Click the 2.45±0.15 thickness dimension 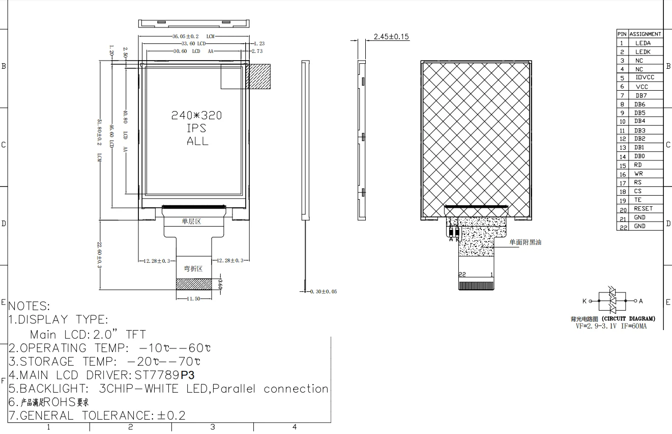[391, 37]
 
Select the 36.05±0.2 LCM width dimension [185, 37]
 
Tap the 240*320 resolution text [196, 116]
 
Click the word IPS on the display [196, 128]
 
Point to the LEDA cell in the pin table [642, 43]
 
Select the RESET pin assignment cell [643, 209]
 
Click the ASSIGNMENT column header [645, 34]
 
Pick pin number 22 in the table [623, 227]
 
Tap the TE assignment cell [638, 200]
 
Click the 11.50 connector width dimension [193, 299]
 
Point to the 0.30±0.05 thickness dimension [323, 292]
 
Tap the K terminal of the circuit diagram [585, 301]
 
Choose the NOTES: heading [29, 307]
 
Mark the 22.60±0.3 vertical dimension [100, 255]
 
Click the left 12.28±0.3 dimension [156, 261]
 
